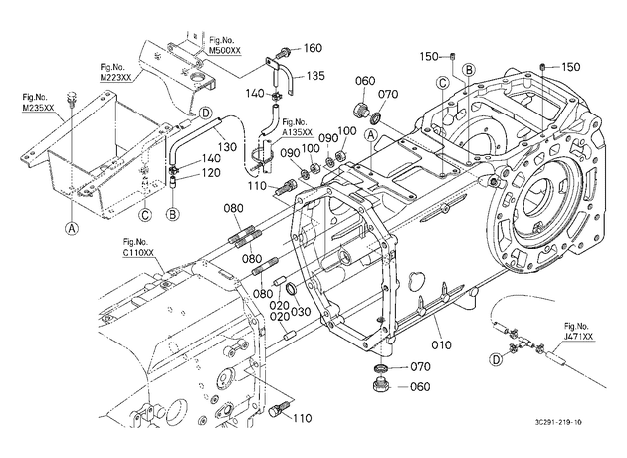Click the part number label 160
pos(313,48)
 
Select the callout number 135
pos(315,76)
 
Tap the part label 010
pos(441,344)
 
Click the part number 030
pos(301,311)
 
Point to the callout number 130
pos(227,147)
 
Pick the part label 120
pos(211,173)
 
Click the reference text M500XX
pos(225,50)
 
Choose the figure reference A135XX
pos(297,132)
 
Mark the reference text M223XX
pos(115,77)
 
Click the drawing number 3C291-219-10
pos(558,422)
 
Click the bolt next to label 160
pos(284,51)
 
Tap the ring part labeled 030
pos(293,288)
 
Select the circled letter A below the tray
pos(72,228)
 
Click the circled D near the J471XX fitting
pos(497,360)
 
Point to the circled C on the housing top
pos(442,83)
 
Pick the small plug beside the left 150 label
pos(453,57)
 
